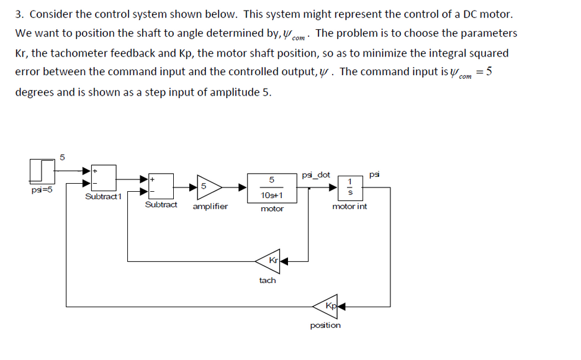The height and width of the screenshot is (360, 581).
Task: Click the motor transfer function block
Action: (x=272, y=187)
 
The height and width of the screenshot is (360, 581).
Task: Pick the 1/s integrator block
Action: (x=350, y=186)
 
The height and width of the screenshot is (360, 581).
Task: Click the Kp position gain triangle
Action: (x=330, y=305)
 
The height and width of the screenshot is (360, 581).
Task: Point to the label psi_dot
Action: (x=316, y=175)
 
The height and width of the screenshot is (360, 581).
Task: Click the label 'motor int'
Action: (x=349, y=206)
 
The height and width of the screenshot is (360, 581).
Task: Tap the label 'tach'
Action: (x=268, y=281)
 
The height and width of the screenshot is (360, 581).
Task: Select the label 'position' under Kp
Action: (x=325, y=325)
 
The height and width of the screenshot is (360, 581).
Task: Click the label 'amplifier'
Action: (x=210, y=206)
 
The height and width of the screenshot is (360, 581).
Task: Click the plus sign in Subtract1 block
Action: (x=95, y=169)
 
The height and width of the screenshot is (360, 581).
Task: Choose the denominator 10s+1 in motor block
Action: (x=272, y=195)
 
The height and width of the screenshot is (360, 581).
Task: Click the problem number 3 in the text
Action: (x=19, y=14)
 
